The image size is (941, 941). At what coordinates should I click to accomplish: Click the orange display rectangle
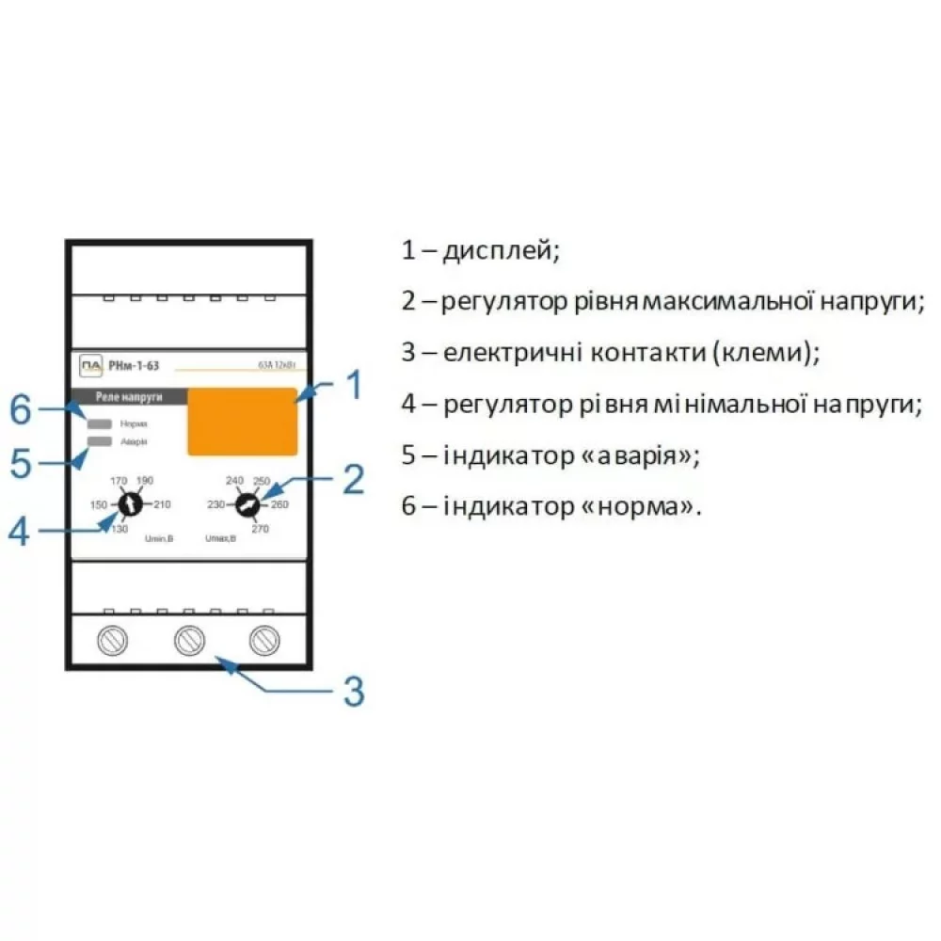pos(243,422)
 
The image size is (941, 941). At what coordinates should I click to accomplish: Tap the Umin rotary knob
pos(130,506)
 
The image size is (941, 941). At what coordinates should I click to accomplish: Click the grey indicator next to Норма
pos(101,423)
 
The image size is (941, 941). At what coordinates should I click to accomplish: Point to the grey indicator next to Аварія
pos(101,440)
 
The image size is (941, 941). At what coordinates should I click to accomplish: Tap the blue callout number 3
pos(353,692)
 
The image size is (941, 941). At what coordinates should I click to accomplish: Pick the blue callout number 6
pos(21,410)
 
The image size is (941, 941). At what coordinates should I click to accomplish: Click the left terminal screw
pos(113,640)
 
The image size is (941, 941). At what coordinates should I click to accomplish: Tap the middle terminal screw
pos(189,640)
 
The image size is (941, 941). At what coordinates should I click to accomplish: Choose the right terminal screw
pos(264,640)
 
